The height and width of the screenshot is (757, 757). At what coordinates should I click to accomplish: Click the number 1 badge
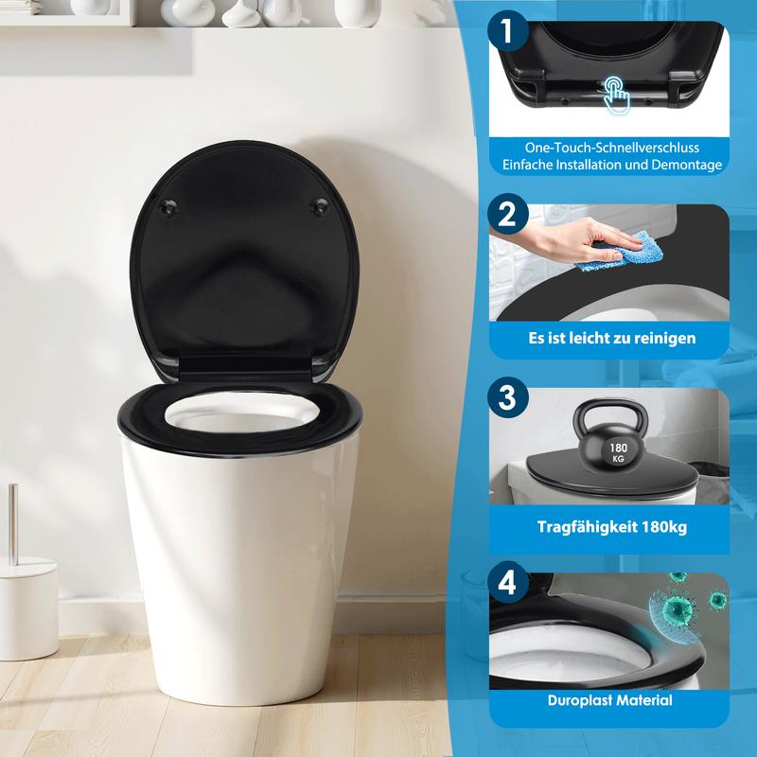507,30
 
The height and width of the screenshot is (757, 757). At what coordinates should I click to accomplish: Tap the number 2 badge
507,214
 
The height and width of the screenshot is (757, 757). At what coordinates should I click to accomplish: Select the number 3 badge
507,397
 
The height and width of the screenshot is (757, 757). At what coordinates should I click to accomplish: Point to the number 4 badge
507,582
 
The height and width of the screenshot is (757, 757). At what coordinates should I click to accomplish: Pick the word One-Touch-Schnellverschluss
611,148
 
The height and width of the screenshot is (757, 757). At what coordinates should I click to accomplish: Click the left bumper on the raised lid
168,207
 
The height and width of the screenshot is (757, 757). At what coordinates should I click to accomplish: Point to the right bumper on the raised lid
319,205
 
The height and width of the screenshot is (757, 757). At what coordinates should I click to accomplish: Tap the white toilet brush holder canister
28,608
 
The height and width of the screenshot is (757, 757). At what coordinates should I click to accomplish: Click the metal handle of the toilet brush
13,525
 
